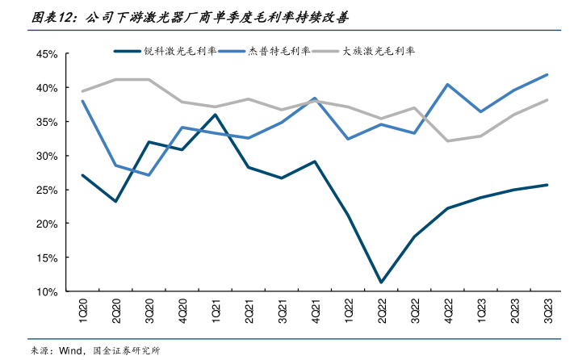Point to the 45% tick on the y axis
(x=45, y=54)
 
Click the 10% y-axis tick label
(x=45, y=291)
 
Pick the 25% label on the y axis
(x=45, y=190)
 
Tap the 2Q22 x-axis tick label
(x=381, y=308)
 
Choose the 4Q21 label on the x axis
(x=315, y=308)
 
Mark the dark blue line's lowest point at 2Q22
(x=381, y=283)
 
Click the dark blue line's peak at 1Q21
(x=215, y=115)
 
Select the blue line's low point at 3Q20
(x=149, y=175)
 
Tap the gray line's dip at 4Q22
(x=447, y=141)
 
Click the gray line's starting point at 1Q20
(x=82, y=91)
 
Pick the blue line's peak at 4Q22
(x=447, y=84)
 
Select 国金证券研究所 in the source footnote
(x=127, y=351)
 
